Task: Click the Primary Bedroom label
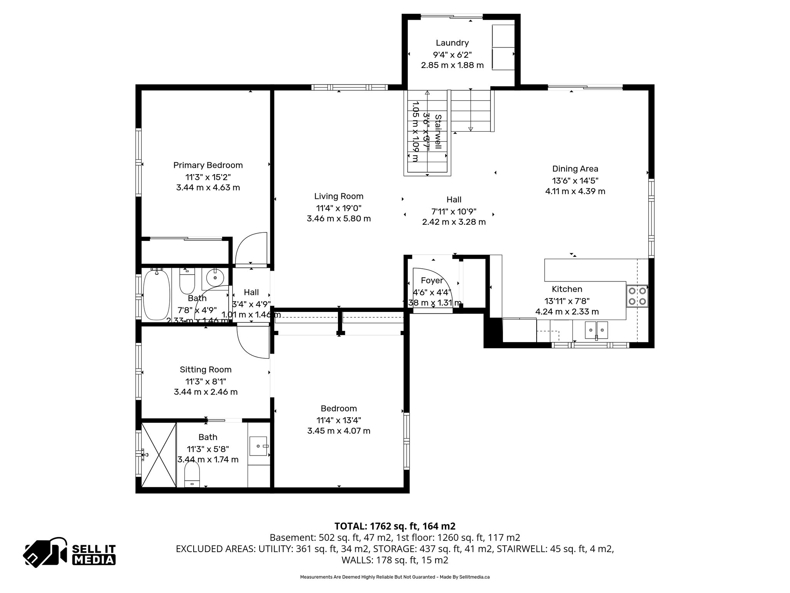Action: tap(208, 165)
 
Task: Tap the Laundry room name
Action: tap(452, 43)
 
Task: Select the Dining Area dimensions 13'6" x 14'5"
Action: tap(575, 180)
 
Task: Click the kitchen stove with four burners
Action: tap(637, 296)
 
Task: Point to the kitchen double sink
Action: tap(596, 330)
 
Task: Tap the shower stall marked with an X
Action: tap(159, 455)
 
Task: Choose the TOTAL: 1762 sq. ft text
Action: tap(395, 526)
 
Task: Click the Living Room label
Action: tap(339, 196)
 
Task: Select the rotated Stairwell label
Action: tap(438, 131)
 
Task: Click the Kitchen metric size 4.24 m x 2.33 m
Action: tap(567, 312)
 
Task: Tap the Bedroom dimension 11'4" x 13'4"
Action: tap(339, 420)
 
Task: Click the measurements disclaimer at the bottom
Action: tap(395, 577)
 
